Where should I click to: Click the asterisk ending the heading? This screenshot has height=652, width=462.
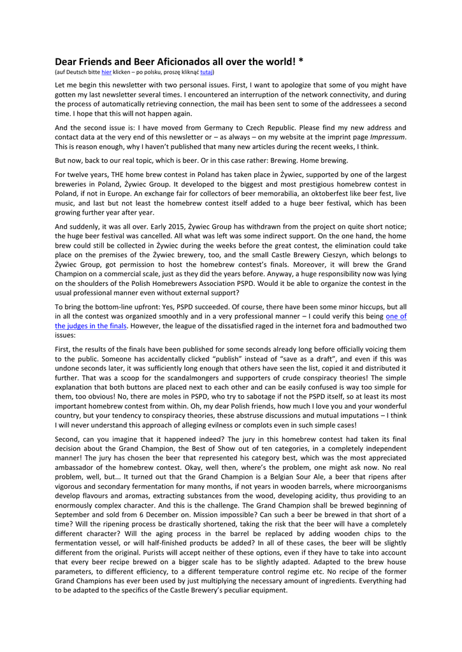point(300,62)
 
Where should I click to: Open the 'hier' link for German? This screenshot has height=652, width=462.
point(106,73)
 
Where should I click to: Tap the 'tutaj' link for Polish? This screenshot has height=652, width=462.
point(206,73)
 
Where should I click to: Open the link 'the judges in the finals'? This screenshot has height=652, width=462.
point(90,326)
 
